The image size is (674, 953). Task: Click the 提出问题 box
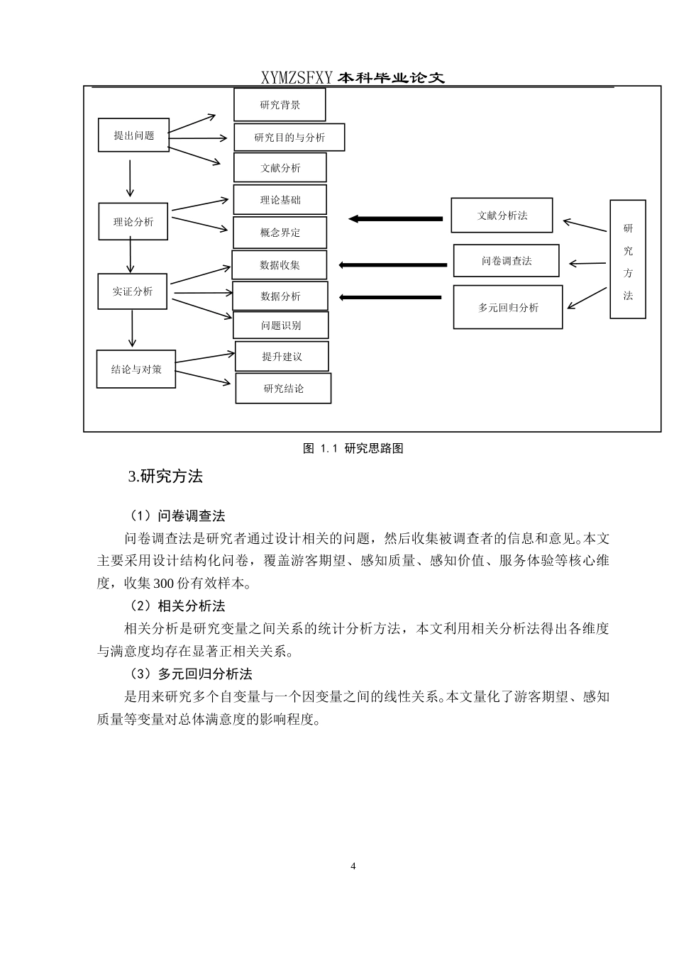(x=133, y=135)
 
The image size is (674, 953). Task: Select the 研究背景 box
(x=280, y=105)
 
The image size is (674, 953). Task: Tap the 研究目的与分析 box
(x=289, y=137)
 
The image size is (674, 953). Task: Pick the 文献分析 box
(x=280, y=168)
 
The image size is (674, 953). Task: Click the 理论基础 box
(x=280, y=200)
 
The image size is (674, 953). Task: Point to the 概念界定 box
(x=280, y=233)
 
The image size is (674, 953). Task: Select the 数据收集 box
(x=280, y=264)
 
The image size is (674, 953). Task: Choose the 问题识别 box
(x=281, y=325)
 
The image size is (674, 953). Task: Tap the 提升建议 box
(x=282, y=357)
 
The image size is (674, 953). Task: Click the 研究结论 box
(x=283, y=389)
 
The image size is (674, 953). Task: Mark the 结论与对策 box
(x=136, y=369)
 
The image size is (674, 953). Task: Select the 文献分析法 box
(x=502, y=216)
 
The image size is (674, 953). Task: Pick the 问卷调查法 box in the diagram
(x=506, y=261)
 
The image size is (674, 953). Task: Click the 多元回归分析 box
(x=508, y=307)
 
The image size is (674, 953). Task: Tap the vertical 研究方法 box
(x=628, y=260)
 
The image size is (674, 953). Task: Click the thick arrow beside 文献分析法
(x=397, y=219)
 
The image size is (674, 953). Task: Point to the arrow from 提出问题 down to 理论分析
(x=130, y=178)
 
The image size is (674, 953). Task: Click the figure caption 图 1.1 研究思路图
(x=353, y=448)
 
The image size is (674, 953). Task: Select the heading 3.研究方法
(x=165, y=477)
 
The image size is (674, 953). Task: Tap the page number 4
(x=353, y=866)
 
